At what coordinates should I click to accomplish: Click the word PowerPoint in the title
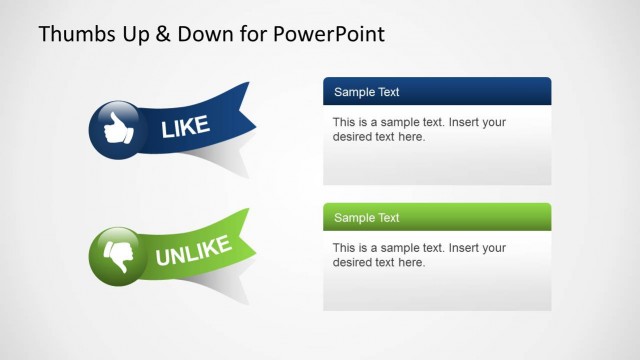(330, 34)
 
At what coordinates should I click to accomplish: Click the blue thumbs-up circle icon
(118, 128)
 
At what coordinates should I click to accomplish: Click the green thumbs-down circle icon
(118, 254)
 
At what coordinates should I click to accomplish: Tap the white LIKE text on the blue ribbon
(185, 125)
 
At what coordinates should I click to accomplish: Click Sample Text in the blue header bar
(366, 92)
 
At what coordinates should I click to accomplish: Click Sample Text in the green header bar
(366, 218)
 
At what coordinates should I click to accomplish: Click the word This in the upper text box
(345, 123)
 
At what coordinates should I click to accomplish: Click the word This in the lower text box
(345, 248)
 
